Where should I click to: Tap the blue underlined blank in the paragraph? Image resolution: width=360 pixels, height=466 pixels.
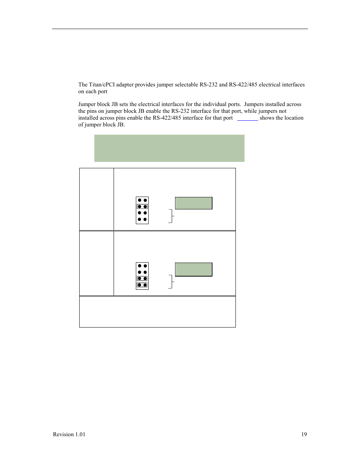point(248,118)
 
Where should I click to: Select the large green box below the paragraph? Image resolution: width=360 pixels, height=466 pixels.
point(169,148)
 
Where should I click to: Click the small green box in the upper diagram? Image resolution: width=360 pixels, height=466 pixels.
point(194,203)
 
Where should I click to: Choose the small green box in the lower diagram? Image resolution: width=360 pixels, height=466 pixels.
point(194,269)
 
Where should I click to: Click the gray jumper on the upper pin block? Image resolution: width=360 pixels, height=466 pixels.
point(142,206)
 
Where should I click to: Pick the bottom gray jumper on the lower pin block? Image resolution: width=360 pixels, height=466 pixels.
point(142,285)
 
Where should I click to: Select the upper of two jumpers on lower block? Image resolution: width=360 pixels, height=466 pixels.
point(142,278)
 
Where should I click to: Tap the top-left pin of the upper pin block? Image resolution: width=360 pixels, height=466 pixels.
point(139,200)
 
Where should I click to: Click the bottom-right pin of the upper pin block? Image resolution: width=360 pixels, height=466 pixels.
point(145,219)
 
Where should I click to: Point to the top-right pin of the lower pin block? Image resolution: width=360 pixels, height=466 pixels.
point(145,266)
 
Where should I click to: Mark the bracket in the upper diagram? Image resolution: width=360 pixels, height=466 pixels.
point(171,216)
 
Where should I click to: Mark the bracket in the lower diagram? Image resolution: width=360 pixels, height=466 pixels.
point(171,282)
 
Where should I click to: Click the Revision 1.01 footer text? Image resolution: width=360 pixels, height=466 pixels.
point(69,434)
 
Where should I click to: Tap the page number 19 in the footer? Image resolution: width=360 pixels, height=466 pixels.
point(304,434)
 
